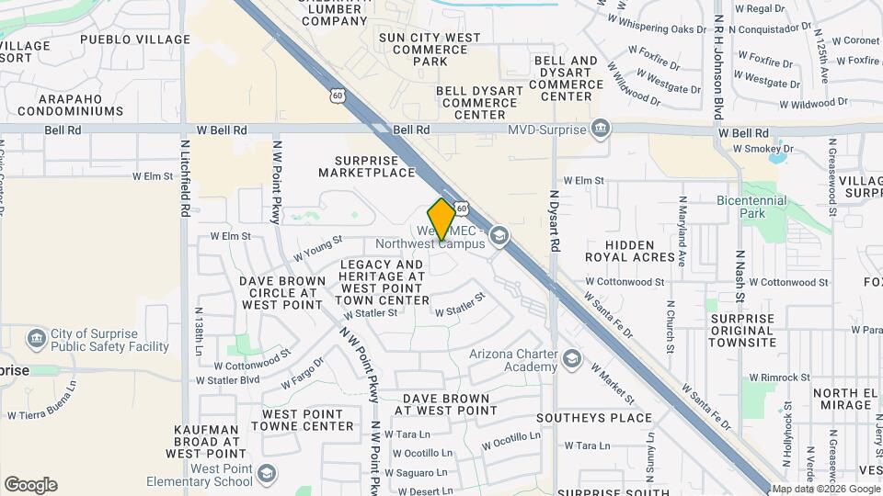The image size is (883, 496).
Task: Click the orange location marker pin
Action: (442, 220)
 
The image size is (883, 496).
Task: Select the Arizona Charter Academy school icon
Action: (572, 357)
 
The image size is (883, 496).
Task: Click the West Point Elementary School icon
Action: (267, 474)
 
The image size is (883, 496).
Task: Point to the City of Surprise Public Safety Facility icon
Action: (37, 339)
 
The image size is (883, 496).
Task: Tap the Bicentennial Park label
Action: (751, 207)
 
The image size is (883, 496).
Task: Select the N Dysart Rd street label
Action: (555, 221)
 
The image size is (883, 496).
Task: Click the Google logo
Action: (30, 485)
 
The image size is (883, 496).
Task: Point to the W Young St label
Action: (317, 247)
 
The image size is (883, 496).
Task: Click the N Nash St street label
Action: (739, 276)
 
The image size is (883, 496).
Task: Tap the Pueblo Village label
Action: (134, 39)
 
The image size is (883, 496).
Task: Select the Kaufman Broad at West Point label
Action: (208, 441)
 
